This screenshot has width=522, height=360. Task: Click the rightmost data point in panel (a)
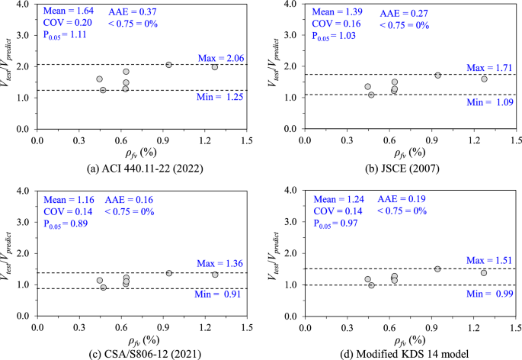pyautogui.click(x=215, y=67)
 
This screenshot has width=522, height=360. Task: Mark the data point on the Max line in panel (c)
pyautogui.click(x=169, y=273)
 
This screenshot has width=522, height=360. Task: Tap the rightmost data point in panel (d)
pyautogui.click(x=483, y=272)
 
